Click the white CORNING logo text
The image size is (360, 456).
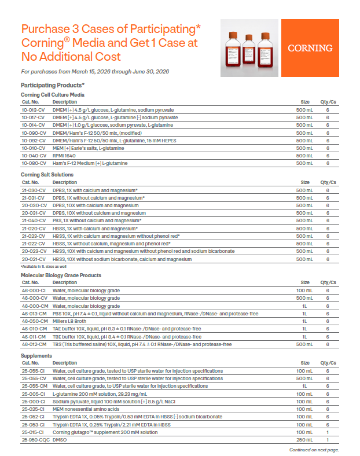[310, 48]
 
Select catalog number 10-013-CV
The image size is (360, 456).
[33, 109]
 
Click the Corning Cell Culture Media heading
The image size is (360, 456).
[53, 94]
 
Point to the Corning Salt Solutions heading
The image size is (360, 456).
[47, 174]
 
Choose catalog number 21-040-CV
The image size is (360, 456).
[33, 220]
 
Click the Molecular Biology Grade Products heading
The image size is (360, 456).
[61, 275]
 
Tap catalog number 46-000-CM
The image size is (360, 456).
[34, 306]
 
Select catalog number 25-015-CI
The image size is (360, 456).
[33, 432]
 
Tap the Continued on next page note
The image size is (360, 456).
[314, 450]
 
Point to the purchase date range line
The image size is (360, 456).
[94, 72]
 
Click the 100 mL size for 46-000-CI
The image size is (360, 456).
[304, 290]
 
